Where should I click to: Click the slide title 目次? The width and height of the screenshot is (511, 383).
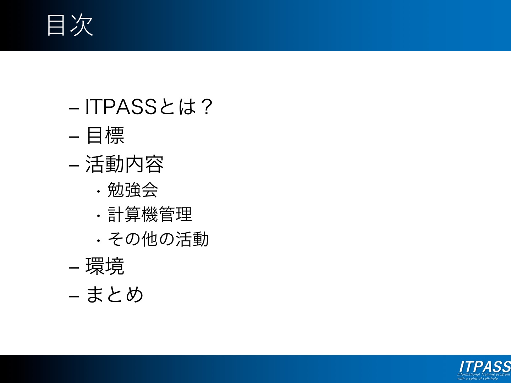click(70, 25)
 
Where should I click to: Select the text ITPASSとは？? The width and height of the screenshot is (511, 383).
click(149, 107)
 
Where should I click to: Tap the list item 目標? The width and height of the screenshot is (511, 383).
click(105, 135)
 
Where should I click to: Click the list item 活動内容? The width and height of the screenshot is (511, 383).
click(125, 164)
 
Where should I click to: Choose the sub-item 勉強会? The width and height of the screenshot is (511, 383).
click(133, 190)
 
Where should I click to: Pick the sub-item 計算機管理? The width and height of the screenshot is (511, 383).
click(150, 214)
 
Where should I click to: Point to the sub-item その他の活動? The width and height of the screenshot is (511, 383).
click(158, 239)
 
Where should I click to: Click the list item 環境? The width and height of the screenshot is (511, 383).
click(105, 266)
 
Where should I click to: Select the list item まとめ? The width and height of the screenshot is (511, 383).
click(115, 294)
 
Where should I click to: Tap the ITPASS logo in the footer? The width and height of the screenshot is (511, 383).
click(485, 367)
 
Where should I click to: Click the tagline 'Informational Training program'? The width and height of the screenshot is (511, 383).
click(484, 374)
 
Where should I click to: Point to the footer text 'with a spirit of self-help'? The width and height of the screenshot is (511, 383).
click(478, 379)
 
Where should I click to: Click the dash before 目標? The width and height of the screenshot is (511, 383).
click(74, 137)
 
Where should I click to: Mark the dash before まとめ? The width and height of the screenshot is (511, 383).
click(74, 296)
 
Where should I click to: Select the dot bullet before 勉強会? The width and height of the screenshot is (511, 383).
click(99, 191)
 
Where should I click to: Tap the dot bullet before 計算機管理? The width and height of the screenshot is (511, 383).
click(99, 216)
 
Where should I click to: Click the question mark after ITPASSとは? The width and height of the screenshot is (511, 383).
click(207, 107)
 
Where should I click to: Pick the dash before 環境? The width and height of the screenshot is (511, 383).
click(74, 268)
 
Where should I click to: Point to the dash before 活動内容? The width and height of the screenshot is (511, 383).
click(74, 166)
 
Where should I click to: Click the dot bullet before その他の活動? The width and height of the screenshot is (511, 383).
click(99, 241)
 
